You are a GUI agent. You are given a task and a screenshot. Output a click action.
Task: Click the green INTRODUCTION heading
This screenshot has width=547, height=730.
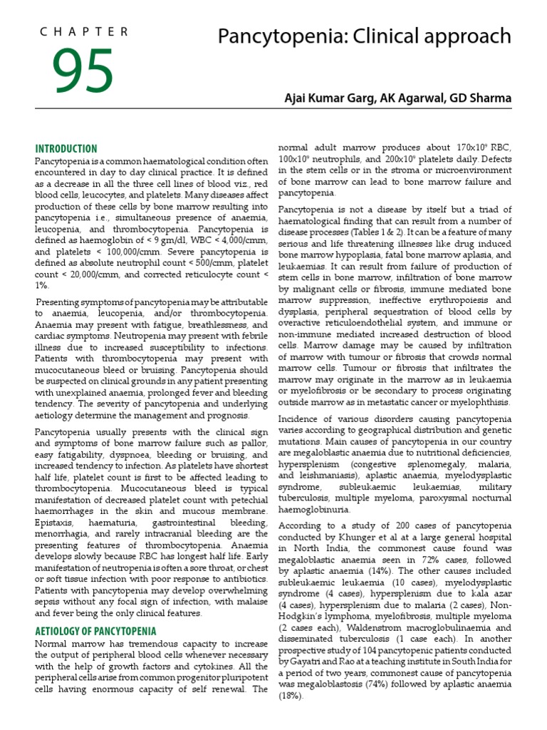[x=66, y=149]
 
